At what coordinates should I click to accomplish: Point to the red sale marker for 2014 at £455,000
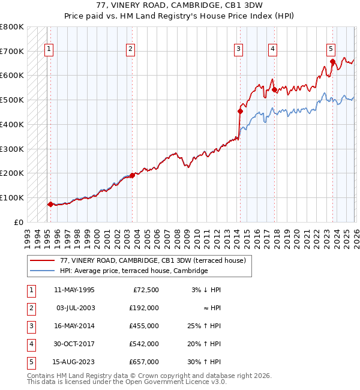241,111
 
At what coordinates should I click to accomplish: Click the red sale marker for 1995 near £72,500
50,204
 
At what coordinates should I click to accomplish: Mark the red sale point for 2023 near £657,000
332,61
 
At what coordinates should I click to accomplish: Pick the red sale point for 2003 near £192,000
132,175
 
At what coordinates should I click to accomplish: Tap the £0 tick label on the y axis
18,222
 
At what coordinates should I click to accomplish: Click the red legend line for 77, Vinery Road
42,260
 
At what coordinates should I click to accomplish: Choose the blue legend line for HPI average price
42,271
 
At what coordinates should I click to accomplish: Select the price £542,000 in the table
143,344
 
